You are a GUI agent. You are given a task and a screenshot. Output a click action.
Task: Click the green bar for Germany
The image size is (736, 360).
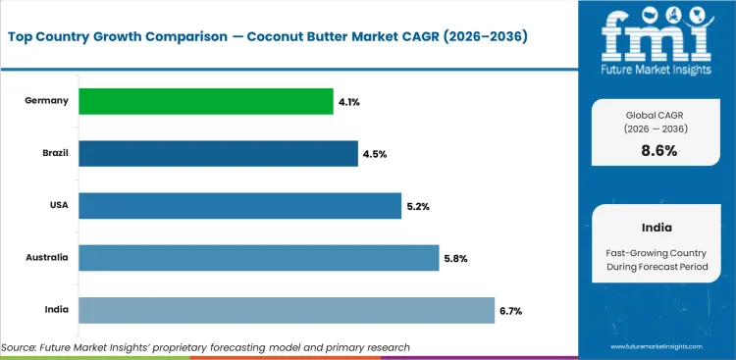pos(205,101)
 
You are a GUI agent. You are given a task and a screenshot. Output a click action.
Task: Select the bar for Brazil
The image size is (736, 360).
pos(218,153)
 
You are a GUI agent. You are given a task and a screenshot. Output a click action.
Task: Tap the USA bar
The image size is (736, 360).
pos(239,206)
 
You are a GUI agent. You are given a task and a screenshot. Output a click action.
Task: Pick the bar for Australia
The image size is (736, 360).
pos(258,258)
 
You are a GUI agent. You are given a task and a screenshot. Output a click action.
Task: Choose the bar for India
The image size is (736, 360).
pos(286,310)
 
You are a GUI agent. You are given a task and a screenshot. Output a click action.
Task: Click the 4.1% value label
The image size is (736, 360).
pos(349,101)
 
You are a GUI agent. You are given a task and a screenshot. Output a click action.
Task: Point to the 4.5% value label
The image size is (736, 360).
pos(374,153)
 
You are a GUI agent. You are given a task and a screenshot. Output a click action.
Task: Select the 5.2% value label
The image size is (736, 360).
pos(417,206)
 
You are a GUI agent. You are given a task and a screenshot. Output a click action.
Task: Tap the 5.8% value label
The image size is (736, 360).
pos(454,258)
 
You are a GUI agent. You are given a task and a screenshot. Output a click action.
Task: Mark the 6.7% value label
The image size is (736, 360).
pos(510,311)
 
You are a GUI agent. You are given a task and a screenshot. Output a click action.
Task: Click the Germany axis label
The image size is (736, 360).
pos(48,101)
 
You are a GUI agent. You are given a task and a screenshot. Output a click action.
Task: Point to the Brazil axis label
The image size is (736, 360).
pos(54,153)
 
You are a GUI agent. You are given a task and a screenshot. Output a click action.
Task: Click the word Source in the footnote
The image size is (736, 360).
pos(21,347)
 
